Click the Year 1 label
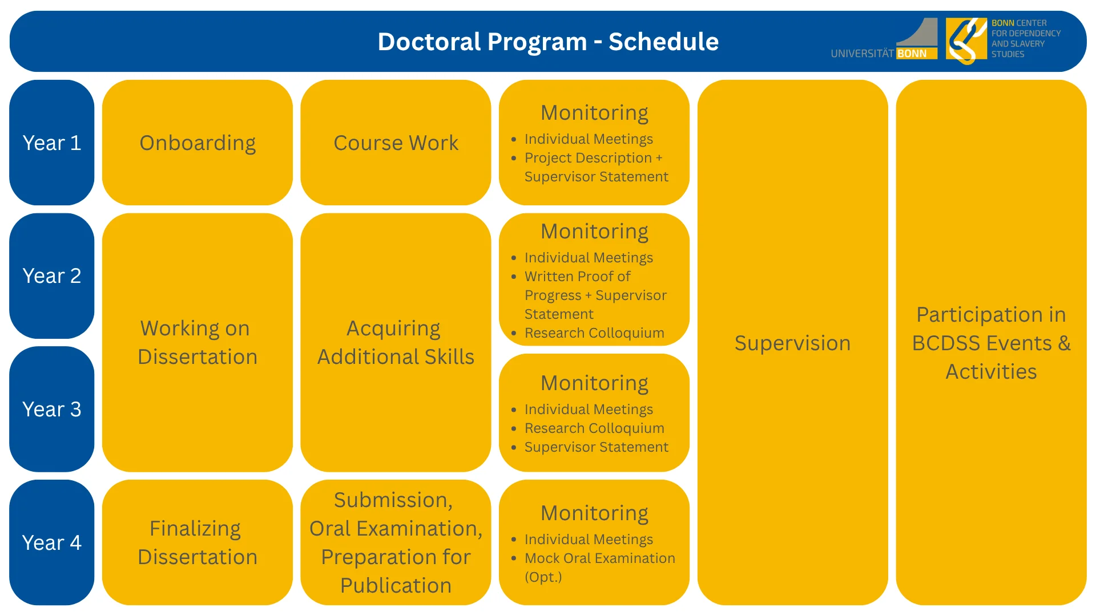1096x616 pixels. (x=51, y=143)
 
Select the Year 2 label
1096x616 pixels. (x=51, y=276)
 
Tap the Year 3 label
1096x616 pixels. (x=51, y=409)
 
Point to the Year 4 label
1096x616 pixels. (x=51, y=542)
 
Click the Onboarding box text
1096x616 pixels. (x=198, y=143)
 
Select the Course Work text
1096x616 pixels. (x=396, y=143)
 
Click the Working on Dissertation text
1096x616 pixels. (x=198, y=342)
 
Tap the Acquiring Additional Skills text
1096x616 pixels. (x=396, y=342)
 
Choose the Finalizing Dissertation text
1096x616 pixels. (x=198, y=542)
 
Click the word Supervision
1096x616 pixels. (x=792, y=343)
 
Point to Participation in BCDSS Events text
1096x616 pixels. (x=991, y=343)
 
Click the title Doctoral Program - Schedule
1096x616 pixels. (x=548, y=42)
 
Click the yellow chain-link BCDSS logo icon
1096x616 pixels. (x=966, y=39)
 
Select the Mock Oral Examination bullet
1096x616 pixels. (x=599, y=558)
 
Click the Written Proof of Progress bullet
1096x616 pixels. (x=578, y=277)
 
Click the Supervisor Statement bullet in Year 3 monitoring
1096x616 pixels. (x=596, y=447)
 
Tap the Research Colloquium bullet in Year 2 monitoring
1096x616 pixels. (x=594, y=333)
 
